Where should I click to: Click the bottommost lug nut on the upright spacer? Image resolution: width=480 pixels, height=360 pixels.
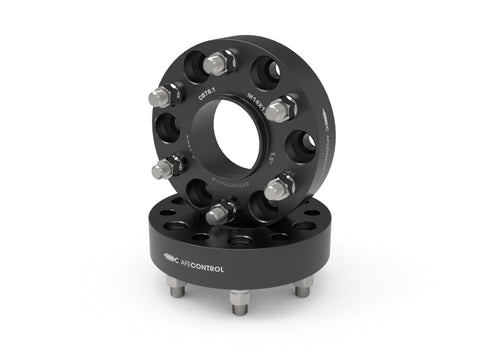click(x=220, y=212)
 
